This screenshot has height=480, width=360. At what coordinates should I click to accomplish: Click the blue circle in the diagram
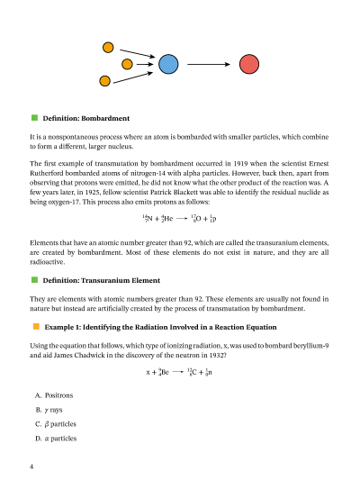[x=168, y=64]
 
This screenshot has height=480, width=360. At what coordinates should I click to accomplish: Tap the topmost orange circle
[x=109, y=47]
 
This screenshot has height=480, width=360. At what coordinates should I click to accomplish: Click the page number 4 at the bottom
[x=31, y=466]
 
